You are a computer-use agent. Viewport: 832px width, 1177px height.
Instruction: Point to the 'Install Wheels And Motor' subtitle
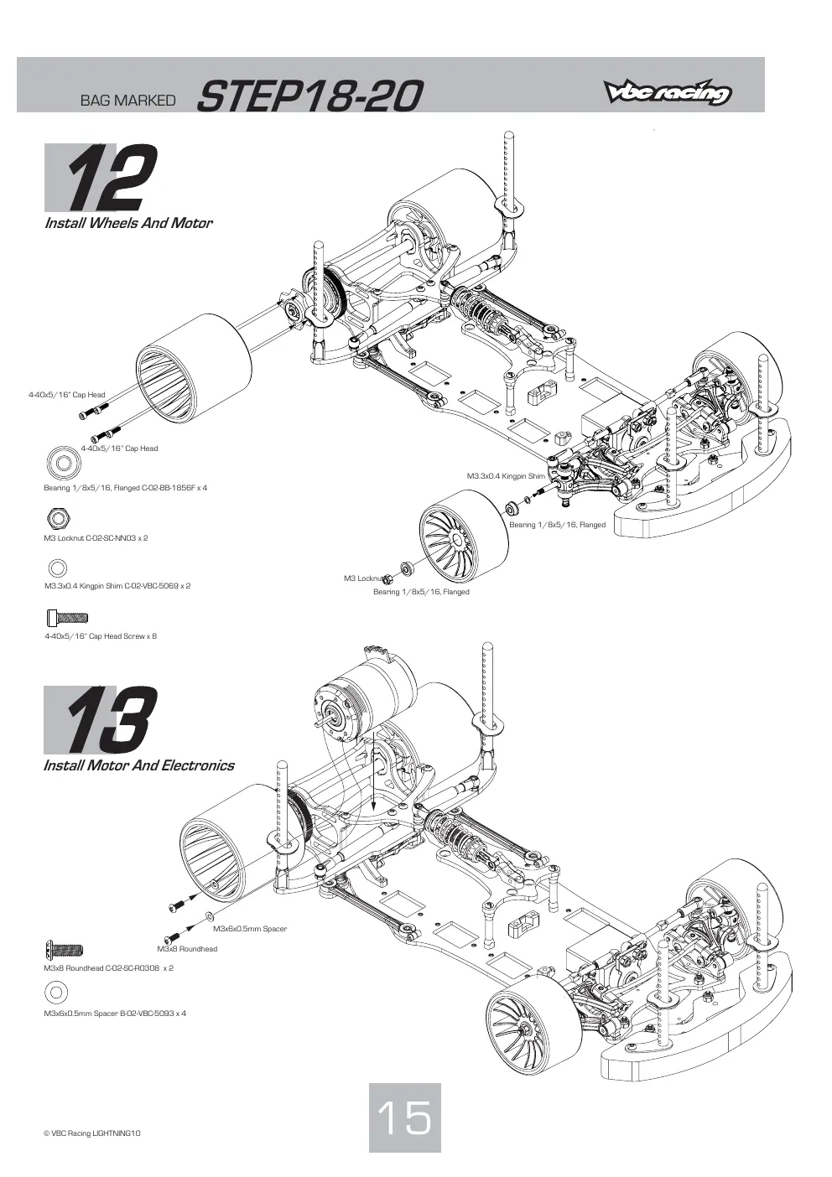(x=129, y=223)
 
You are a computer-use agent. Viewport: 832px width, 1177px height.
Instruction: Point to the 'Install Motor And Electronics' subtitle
(x=138, y=765)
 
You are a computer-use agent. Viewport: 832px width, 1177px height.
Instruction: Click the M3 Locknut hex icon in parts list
(x=58, y=518)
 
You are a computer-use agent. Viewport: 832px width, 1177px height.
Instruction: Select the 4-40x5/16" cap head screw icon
(x=67, y=618)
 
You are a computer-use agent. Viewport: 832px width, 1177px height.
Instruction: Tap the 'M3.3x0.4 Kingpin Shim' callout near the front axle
(x=506, y=476)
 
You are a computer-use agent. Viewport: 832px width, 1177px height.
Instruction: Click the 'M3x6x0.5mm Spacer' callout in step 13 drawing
(x=250, y=929)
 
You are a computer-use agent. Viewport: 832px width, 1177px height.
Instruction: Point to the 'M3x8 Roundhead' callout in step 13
(x=187, y=948)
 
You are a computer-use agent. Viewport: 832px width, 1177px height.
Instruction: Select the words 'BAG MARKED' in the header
(x=127, y=101)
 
